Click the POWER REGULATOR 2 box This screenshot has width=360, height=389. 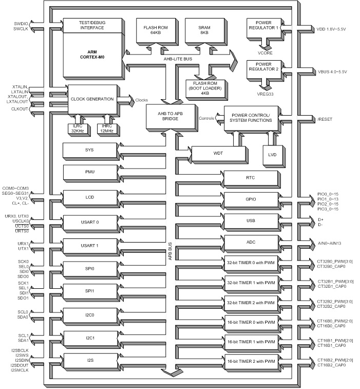(x=263, y=70)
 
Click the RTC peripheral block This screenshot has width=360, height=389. (x=251, y=178)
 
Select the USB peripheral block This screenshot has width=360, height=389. (x=251, y=220)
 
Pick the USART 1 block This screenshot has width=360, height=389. (x=90, y=246)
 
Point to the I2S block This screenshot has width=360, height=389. (x=90, y=361)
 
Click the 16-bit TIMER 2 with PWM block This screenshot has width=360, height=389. (x=251, y=362)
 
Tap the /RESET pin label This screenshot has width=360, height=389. (x=326, y=119)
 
